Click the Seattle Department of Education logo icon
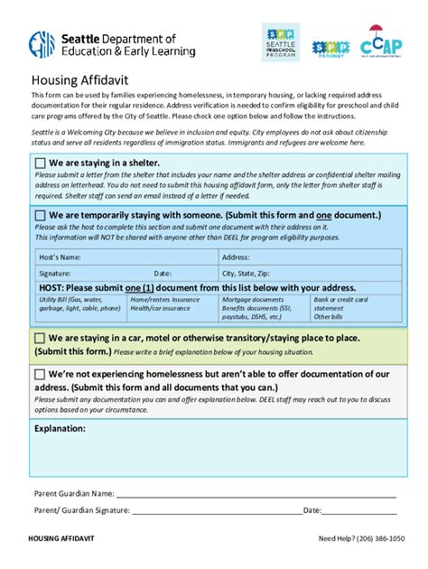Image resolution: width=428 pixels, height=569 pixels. pyautogui.click(x=42, y=44)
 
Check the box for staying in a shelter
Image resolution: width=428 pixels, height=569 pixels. pyautogui.click(x=40, y=163)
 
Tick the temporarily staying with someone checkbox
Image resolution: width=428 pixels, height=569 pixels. pyautogui.click(x=40, y=216)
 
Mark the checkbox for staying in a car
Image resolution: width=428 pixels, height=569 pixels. pyautogui.click(x=40, y=339)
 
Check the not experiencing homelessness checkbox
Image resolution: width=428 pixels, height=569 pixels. pyautogui.click(x=40, y=374)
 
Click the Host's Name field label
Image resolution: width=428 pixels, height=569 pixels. pyautogui.click(x=60, y=257)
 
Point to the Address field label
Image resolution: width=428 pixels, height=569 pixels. pyautogui.click(x=236, y=257)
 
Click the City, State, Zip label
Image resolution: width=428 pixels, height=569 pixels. pyautogui.click(x=247, y=273)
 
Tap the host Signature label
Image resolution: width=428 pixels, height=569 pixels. pyautogui.click(x=55, y=273)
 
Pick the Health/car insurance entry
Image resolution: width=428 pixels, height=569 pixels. pyautogui.click(x=161, y=308)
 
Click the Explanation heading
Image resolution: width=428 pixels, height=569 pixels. pyautogui.click(x=60, y=428)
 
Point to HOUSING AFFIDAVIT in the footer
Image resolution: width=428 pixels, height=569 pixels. pyautogui.click(x=61, y=539)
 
